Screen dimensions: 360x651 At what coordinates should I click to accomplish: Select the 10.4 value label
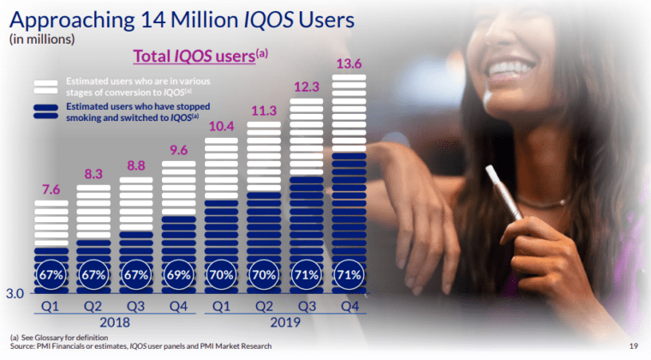(221, 126)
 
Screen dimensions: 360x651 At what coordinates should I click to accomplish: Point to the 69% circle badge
(178, 275)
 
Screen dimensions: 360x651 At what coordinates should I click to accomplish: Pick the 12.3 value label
(306, 87)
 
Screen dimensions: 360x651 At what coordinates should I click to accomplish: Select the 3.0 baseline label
(15, 294)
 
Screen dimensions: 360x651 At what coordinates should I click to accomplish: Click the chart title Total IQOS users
(195, 57)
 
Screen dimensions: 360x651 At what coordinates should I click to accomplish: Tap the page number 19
(635, 346)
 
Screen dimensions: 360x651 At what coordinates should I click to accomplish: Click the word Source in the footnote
(23, 346)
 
